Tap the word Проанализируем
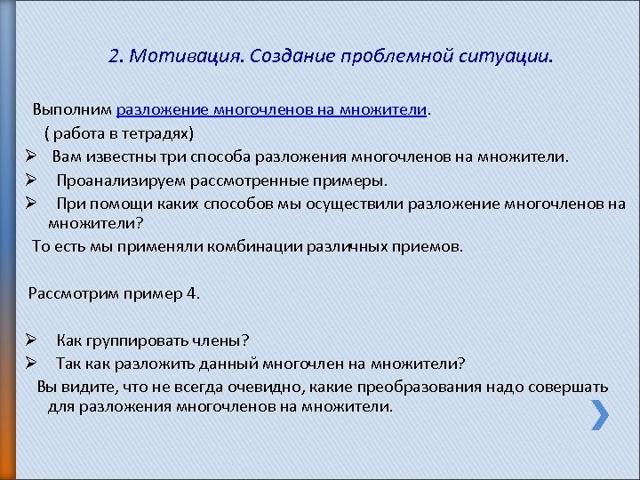[x=115, y=180]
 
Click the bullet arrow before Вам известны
[x=29, y=157]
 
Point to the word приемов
[x=431, y=245]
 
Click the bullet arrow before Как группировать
[x=29, y=340]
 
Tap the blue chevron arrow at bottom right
[x=600, y=414]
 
